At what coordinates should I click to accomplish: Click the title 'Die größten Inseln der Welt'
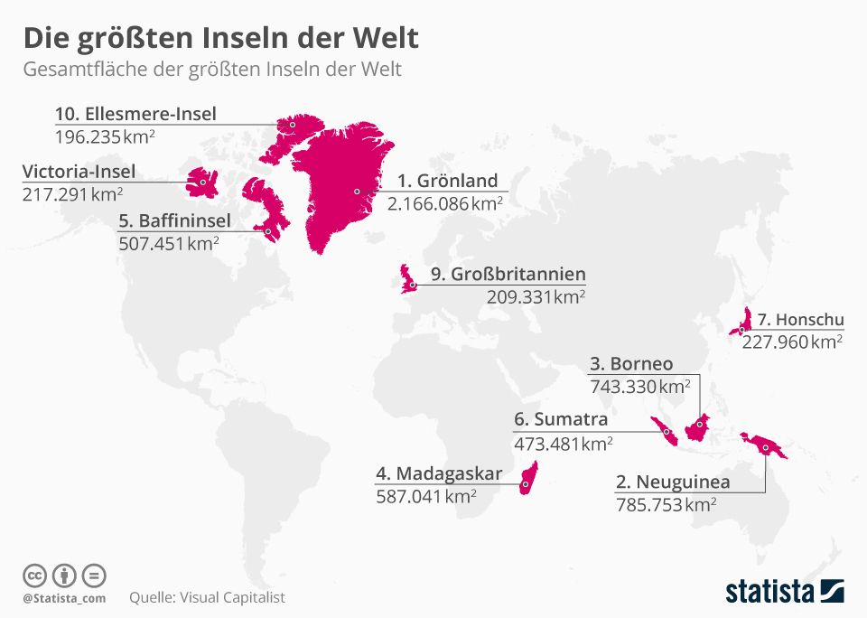(220, 39)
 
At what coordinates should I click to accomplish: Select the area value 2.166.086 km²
(444, 204)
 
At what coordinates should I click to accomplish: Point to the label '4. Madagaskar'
(438, 473)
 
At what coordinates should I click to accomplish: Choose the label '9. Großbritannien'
(508, 274)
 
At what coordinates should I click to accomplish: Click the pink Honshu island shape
(746, 320)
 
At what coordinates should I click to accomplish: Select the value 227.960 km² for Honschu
(791, 342)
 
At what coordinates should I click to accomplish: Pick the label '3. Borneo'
(631, 364)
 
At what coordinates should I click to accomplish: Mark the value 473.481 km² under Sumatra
(563, 444)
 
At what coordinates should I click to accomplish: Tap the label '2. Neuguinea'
(672, 482)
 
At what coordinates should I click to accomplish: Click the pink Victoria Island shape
(200, 181)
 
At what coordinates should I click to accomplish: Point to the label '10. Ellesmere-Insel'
(135, 114)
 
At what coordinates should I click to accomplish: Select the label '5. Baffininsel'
(174, 220)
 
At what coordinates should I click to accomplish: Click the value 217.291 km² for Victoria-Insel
(72, 194)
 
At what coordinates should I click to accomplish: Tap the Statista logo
(784, 592)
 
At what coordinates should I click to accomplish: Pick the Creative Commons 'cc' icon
(34, 576)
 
